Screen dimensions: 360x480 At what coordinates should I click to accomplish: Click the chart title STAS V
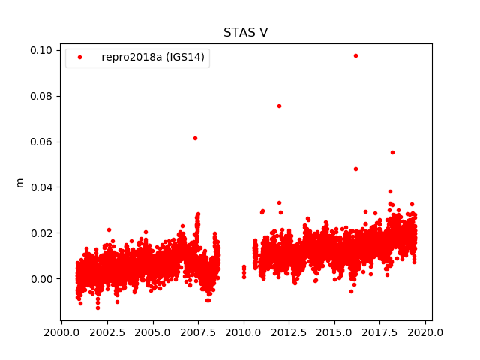(245, 33)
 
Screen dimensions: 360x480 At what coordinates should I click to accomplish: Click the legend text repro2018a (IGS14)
(153, 58)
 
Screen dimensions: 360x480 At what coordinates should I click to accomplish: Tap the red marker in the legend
(81, 58)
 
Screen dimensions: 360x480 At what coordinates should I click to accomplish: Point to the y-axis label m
(20, 182)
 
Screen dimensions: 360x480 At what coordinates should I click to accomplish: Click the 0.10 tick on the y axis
(41, 50)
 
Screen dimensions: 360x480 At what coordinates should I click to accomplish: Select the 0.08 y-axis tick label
(41, 96)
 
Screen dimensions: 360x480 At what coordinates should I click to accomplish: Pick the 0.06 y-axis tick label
(41, 142)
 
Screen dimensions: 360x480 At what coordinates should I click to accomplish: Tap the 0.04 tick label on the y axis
(41, 187)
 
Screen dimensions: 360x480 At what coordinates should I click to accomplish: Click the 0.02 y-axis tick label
(41, 232)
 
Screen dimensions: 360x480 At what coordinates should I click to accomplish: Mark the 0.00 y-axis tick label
(41, 278)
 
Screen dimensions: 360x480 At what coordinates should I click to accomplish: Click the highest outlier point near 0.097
(355, 55)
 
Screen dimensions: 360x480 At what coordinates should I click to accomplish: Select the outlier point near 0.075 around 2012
(279, 106)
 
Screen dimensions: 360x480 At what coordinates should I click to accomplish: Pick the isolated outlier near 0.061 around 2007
(195, 138)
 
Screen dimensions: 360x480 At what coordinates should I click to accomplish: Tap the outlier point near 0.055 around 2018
(392, 152)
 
